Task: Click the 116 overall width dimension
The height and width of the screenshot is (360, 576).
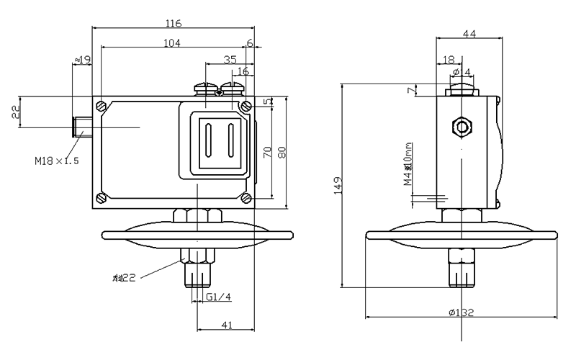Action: pos(174,22)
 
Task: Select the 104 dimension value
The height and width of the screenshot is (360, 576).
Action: pos(172,43)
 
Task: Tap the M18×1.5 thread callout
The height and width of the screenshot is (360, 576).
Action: pos(57,160)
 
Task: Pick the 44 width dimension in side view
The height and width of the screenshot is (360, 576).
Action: pos(469,34)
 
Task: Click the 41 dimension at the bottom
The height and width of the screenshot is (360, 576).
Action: pos(225,325)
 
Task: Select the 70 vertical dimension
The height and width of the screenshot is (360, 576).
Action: pos(266,153)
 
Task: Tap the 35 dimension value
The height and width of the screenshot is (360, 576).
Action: pos(230,60)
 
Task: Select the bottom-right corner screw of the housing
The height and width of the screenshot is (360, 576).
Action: pos(246,198)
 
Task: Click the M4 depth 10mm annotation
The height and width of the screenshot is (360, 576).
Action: pos(408,165)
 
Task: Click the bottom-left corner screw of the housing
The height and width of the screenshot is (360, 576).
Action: pos(102,198)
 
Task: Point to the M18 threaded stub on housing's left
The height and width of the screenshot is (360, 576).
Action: pos(84,127)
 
